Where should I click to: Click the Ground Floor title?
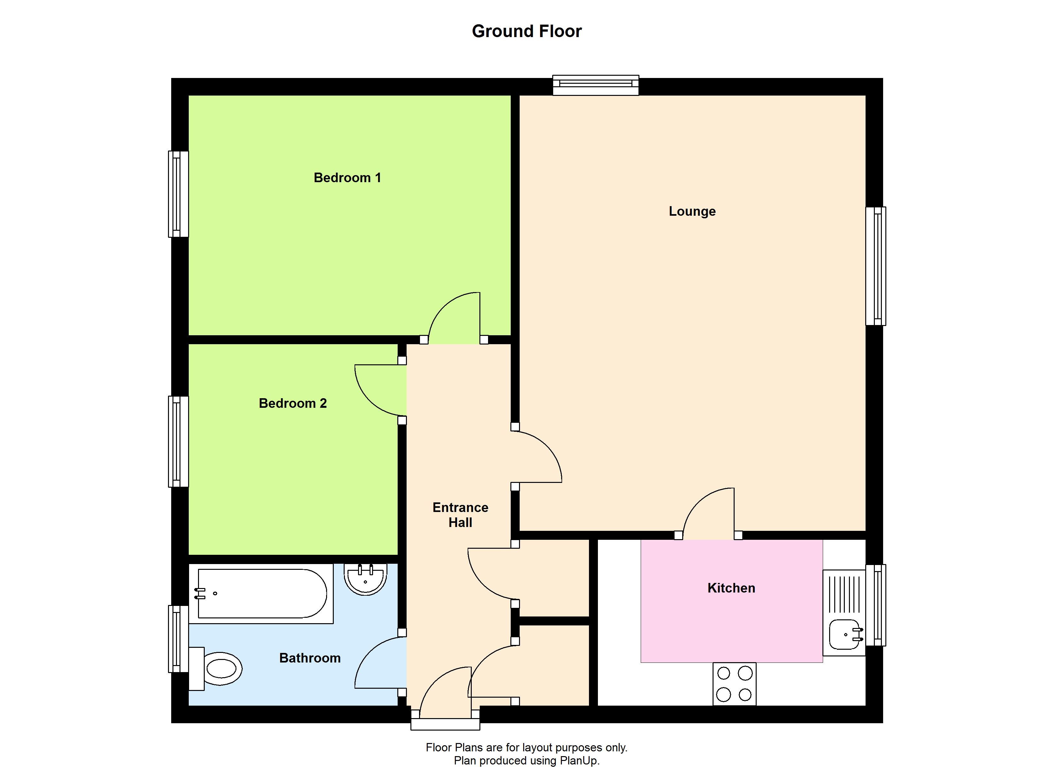(527, 31)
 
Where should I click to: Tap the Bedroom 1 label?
(347, 178)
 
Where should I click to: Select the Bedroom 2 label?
(293, 403)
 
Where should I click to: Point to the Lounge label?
(692, 211)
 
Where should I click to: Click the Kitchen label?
(731, 588)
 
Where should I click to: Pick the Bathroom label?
(310, 658)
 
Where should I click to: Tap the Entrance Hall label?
(460, 515)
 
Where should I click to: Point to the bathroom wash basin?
(365, 579)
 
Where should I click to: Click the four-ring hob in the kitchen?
(734, 684)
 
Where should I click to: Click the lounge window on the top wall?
(595, 85)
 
